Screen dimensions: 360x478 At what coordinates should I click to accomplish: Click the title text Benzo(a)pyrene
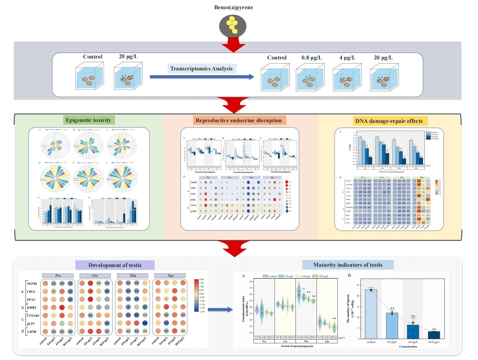(233, 7)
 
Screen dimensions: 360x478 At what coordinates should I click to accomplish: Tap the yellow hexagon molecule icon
(233, 25)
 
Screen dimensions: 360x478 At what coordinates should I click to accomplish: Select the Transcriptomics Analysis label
(201, 69)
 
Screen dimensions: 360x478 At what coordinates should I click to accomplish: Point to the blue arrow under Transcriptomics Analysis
(202, 77)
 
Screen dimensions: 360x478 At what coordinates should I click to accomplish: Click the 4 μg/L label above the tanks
(347, 58)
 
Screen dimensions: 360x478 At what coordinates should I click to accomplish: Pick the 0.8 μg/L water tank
(310, 78)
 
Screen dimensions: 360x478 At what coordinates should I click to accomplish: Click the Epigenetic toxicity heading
(88, 120)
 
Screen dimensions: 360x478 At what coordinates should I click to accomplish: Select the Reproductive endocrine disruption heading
(239, 120)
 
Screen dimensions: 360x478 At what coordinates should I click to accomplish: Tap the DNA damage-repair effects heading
(389, 121)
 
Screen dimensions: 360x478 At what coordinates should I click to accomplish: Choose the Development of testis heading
(115, 265)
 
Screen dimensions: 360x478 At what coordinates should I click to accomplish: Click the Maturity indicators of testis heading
(347, 265)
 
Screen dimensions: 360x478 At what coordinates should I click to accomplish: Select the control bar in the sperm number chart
(371, 314)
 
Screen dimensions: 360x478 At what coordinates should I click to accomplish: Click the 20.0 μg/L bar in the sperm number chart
(434, 335)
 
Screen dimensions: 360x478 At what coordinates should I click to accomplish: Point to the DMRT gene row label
(31, 308)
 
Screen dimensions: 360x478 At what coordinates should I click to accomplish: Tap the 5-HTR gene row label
(31, 332)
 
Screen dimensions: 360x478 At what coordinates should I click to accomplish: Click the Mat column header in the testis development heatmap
(133, 276)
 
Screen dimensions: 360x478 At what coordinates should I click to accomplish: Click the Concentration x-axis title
(408, 347)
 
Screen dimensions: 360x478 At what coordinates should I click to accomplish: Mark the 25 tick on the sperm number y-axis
(358, 285)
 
